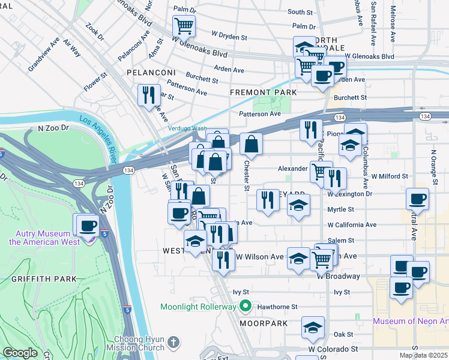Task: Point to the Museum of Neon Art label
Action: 411,321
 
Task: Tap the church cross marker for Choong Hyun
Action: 173,343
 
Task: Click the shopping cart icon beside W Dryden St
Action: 184,26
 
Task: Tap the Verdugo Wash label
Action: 186,128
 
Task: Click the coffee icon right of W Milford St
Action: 418,199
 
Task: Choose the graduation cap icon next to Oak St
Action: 313,328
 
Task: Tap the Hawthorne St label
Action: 277,307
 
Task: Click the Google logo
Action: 20,353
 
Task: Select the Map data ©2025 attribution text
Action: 423,355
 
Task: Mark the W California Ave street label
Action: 351,225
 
